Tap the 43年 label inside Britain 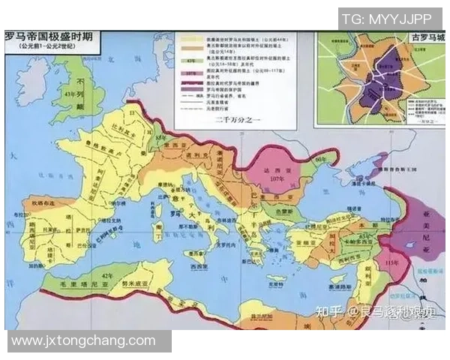[73, 94]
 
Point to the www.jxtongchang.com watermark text [83, 340]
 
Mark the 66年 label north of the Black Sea [322, 160]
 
